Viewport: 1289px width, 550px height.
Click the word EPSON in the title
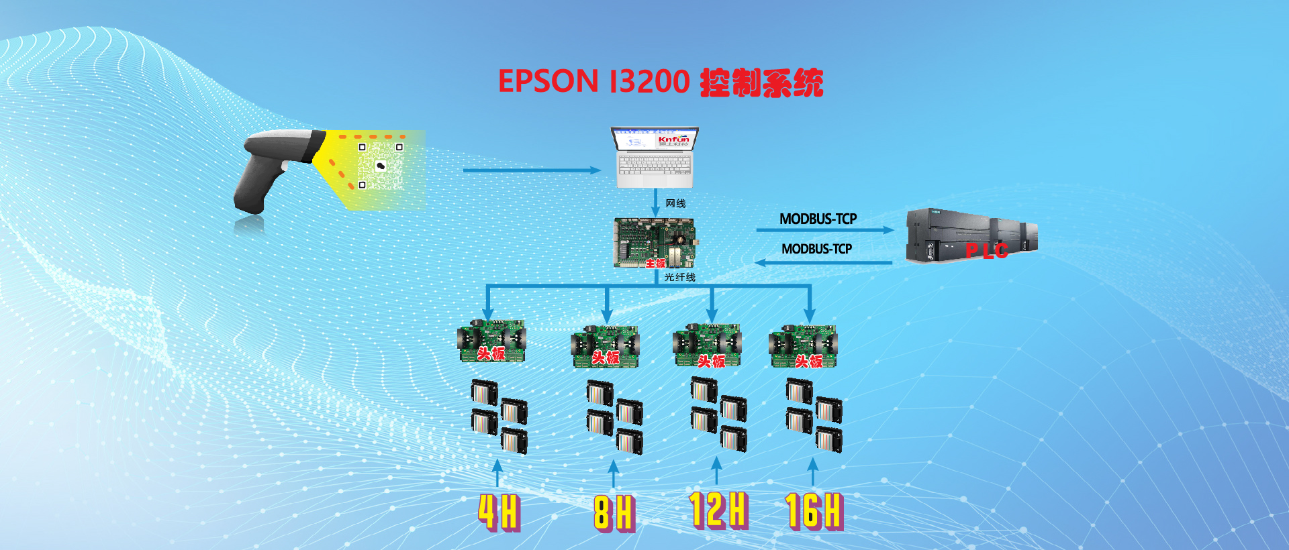click(548, 82)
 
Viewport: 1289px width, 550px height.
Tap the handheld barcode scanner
click(272, 168)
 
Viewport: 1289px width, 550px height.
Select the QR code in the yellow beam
click(381, 166)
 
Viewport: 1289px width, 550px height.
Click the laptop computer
click(655, 158)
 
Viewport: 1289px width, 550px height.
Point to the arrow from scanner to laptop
click(530, 170)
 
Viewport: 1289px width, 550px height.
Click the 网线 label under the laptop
click(675, 203)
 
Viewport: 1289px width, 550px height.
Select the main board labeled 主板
click(654, 242)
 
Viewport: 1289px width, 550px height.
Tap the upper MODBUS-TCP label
click(818, 219)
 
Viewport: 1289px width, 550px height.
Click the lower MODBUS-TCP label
click(816, 249)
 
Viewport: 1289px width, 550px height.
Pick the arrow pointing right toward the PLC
click(824, 230)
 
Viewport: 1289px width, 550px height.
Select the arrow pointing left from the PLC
click(824, 263)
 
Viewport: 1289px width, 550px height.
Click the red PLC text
click(987, 251)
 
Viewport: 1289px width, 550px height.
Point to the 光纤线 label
click(679, 277)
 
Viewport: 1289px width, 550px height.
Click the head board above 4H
click(491, 342)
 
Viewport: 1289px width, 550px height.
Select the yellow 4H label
click(499, 512)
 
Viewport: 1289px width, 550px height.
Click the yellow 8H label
click(614, 513)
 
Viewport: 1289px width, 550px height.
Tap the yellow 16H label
click(814, 510)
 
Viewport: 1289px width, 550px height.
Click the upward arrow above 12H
click(716, 470)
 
